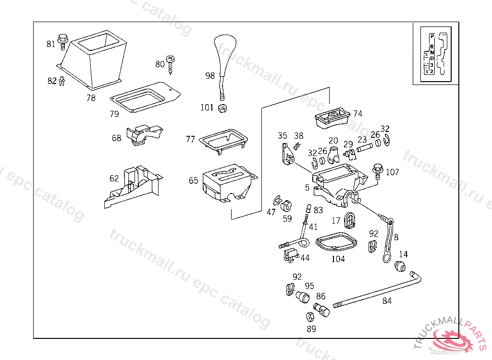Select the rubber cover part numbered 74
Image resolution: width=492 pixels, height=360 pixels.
point(332,117)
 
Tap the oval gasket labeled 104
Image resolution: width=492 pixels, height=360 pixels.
point(337,241)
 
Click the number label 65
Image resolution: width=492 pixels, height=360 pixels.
point(194,180)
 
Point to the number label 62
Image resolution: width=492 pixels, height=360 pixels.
point(114,179)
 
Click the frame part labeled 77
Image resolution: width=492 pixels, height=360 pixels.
point(224,140)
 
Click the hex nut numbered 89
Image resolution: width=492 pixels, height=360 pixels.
point(310,317)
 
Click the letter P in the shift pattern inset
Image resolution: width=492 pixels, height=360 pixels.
point(432,36)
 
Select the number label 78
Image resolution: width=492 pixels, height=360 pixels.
point(91,98)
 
